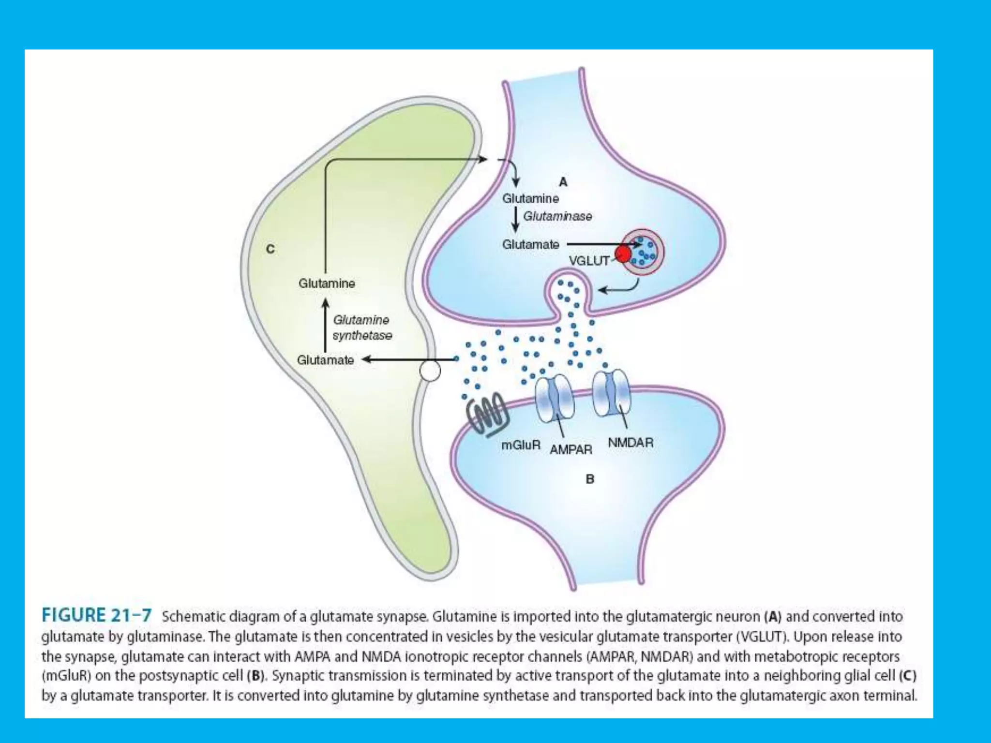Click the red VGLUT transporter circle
(623, 253)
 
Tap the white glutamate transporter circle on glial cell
(430, 371)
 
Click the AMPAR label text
(571, 449)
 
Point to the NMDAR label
(631, 442)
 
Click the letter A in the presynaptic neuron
(563, 182)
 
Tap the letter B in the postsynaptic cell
(590, 479)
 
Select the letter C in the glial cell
(270, 249)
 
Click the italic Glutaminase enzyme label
(557, 216)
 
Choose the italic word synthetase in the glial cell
(362, 335)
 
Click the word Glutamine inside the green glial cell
(327, 283)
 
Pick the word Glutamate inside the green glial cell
(325, 360)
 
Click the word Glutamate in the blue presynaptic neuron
(530, 245)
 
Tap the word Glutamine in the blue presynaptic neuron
(530, 198)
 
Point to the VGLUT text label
(589, 261)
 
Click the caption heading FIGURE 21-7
(97, 615)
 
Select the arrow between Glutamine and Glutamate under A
(516, 220)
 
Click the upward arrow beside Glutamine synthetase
(326, 325)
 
